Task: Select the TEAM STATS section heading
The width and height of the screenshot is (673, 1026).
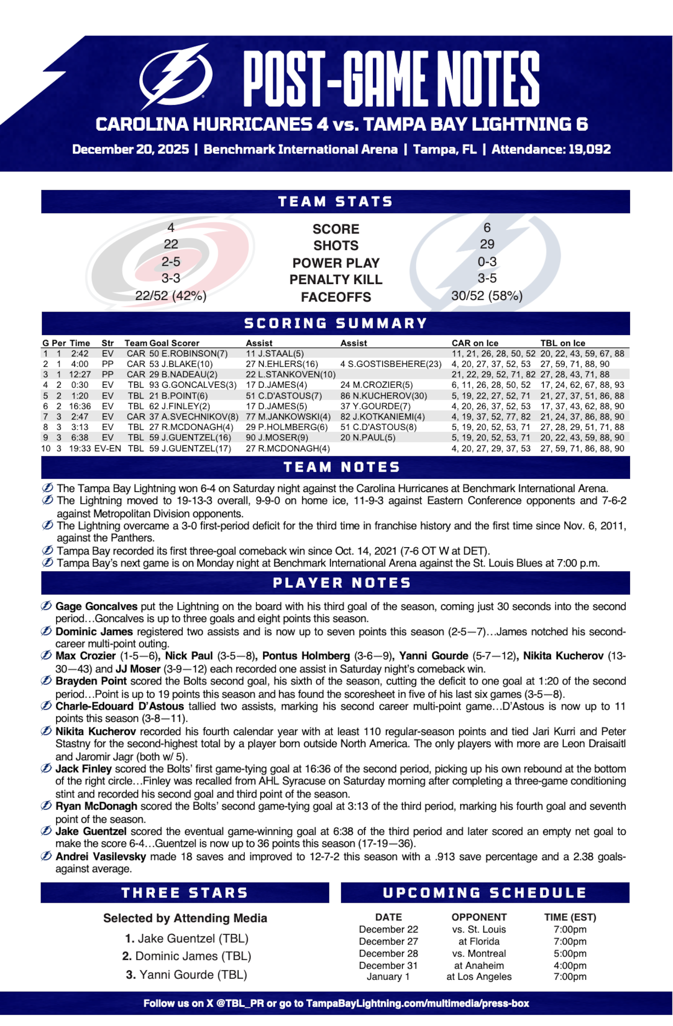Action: click(x=336, y=202)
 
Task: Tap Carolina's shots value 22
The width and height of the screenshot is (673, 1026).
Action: click(x=171, y=244)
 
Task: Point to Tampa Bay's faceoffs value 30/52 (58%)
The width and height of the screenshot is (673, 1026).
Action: click(x=487, y=296)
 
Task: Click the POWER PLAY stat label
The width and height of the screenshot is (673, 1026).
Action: click(x=336, y=263)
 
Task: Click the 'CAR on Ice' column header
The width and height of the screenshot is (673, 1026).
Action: click(x=475, y=343)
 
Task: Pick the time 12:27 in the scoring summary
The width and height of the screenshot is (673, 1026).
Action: click(x=80, y=374)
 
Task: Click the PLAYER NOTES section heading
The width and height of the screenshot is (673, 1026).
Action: click(x=342, y=583)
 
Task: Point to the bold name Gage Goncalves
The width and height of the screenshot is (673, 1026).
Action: click(x=96, y=606)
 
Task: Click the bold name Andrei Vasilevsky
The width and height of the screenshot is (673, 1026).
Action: click(x=100, y=857)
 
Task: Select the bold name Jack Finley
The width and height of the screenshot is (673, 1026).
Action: click(x=84, y=769)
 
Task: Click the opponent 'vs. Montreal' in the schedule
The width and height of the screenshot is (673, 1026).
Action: click(x=479, y=954)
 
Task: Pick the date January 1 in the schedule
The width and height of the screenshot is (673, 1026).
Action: click(x=388, y=976)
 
